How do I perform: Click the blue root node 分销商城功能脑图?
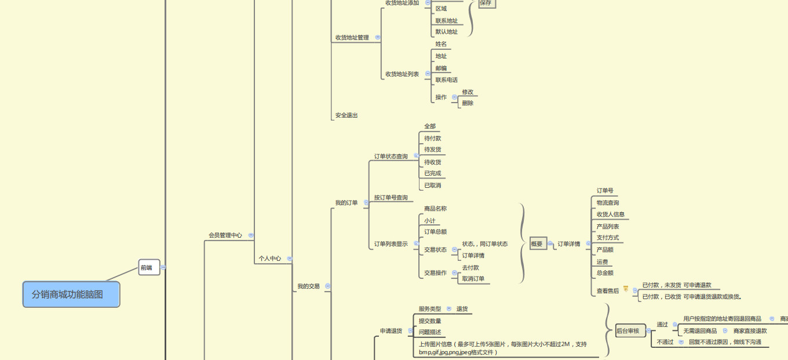(x=71, y=294)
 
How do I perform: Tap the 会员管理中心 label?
(x=225, y=235)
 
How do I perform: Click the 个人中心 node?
(x=269, y=259)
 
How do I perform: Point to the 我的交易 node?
(x=308, y=286)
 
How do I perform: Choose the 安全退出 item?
(x=346, y=115)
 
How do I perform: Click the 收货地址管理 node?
(x=352, y=38)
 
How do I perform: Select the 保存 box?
(x=486, y=3)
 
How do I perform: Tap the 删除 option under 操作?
(x=468, y=103)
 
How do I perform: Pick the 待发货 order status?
(x=432, y=150)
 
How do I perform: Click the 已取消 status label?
(x=432, y=186)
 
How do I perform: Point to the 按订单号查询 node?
(x=391, y=198)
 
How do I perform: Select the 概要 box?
(x=537, y=244)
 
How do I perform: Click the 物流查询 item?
(x=608, y=203)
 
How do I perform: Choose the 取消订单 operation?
(x=473, y=279)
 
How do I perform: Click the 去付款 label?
(x=470, y=268)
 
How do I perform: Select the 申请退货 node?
(x=391, y=331)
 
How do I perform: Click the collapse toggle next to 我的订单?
(x=366, y=203)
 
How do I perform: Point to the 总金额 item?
(x=605, y=273)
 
